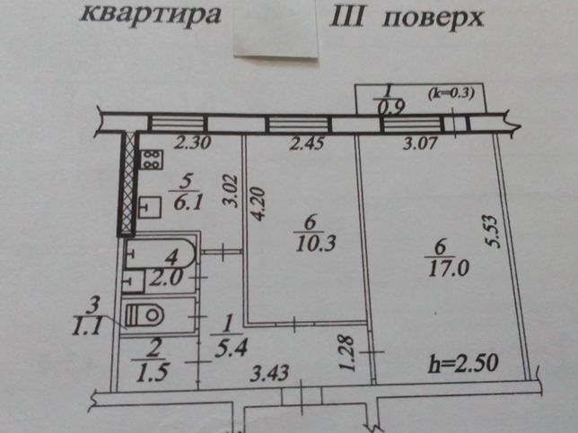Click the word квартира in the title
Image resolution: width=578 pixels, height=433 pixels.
[151, 14]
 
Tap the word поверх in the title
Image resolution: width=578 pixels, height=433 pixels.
[433, 18]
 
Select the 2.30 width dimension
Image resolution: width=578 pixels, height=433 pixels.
[192, 143]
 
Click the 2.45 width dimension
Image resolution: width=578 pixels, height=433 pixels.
[307, 143]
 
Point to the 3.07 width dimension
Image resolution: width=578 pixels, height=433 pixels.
[420, 143]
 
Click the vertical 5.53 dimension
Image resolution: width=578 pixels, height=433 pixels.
[493, 232]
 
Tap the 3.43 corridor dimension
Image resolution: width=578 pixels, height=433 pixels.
[269, 373]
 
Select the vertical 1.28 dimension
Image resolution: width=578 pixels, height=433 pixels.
[346, 353]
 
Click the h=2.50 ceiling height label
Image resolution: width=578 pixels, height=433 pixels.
[463, 364]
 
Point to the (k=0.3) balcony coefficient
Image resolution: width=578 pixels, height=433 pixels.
[451, 93]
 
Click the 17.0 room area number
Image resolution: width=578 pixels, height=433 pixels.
[449, 268]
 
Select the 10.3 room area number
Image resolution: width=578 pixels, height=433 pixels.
[315, 243]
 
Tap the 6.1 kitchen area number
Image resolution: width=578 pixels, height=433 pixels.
[188, 202]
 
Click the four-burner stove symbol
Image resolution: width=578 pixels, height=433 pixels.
[151, 160]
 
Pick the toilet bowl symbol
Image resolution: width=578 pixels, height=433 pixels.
[144, 315]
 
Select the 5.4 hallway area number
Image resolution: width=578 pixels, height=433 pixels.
[231, 348]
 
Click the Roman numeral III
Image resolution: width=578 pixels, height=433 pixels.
[347, 16]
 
